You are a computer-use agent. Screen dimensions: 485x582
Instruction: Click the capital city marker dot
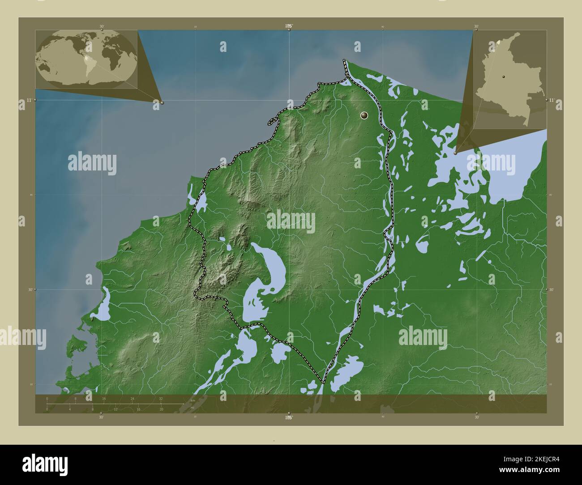point(364,116)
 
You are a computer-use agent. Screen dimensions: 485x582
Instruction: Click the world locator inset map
point(86,60)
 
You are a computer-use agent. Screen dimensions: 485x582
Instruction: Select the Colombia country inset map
point(509,80)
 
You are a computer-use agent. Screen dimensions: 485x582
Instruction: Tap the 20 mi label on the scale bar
point(161,409)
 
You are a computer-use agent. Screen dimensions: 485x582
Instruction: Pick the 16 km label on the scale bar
point(104,398)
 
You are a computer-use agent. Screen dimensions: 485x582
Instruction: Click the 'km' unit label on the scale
point(193,400)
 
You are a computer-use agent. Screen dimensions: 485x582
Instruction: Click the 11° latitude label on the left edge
point(29,100)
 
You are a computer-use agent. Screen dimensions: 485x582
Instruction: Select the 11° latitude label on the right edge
point(552,100)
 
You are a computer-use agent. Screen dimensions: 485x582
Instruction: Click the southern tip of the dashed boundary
point(323,383)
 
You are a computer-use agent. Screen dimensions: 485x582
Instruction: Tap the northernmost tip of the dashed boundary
point(344,60)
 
